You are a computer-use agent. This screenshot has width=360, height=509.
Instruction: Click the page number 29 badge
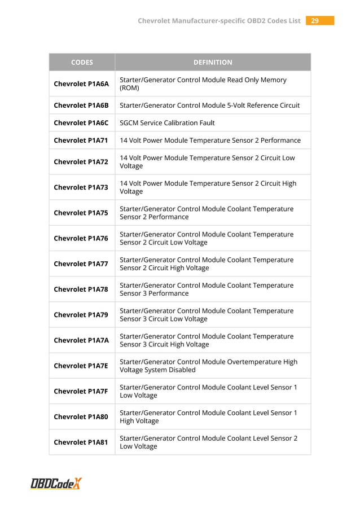point(320,21)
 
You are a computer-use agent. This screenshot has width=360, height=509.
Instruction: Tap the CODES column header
point(82,63)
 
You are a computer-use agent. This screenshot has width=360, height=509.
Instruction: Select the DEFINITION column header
point(213,63)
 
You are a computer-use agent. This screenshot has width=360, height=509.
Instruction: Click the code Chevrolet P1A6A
point(81,84)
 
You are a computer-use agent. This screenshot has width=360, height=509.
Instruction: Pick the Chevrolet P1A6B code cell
point(81,106)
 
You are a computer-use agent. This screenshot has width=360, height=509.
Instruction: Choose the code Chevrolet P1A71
point(81,140)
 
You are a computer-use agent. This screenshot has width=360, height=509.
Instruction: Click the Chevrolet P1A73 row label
point(81,187)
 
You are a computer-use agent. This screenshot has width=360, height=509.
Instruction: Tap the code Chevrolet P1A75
point(81,213)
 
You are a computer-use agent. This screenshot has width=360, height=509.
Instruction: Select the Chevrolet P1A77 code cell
point(81,264)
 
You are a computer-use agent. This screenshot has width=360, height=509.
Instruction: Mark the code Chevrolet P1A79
point(81,315)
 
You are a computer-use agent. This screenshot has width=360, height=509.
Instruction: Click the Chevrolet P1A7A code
point(81,340)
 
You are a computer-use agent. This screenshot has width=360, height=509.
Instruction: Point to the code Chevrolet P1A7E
point(81,366)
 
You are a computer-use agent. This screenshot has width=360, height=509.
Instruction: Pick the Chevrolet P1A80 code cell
point(81,416)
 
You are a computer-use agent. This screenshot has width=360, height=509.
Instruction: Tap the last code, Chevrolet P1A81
point(81,442)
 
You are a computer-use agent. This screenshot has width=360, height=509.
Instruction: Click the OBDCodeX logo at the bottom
point(56,483)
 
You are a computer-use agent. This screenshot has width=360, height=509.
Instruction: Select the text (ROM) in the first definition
point(129,89)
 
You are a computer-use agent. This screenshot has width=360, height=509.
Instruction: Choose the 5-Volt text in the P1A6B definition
point(231,106)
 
